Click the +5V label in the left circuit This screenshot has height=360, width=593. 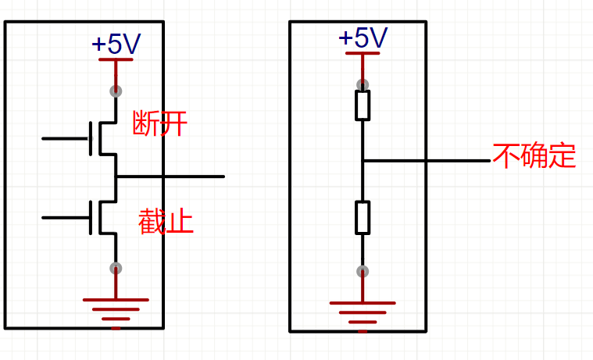coord(116,44)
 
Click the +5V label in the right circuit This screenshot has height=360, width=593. coord(363,37)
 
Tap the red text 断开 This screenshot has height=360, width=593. coord(160,123)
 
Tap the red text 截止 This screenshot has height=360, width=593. coord(166,221)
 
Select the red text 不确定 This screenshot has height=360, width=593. coord(534,155)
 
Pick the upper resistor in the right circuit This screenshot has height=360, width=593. coord(363,105)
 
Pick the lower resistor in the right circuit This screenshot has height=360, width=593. coord(363,217)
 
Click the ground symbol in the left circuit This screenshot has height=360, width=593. coord(116,309)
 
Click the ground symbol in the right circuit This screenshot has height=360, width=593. coord(363,312)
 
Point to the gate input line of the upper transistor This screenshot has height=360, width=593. coord(66,139)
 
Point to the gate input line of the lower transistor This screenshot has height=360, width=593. coord(66,218)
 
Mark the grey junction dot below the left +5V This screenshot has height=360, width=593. coord(116,91)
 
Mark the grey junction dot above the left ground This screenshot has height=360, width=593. coord(116,269)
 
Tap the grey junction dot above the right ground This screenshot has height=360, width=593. coord(363,271)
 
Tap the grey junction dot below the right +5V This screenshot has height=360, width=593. coord(363,84)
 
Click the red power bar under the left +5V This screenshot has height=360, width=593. coord(116,59)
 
